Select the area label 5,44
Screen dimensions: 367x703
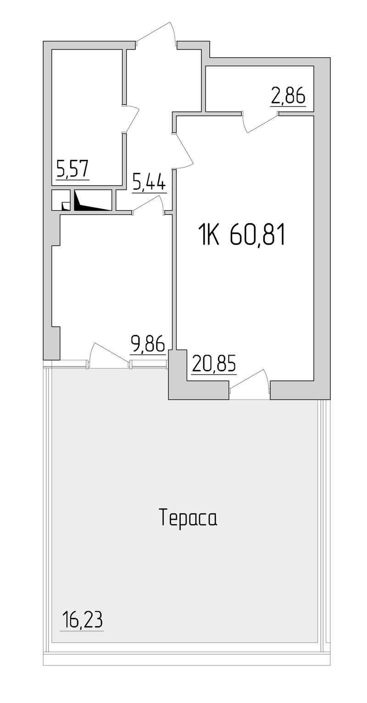(149, 181)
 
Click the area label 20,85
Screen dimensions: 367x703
(213, 363)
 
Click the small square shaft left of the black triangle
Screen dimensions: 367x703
(61, 200)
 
